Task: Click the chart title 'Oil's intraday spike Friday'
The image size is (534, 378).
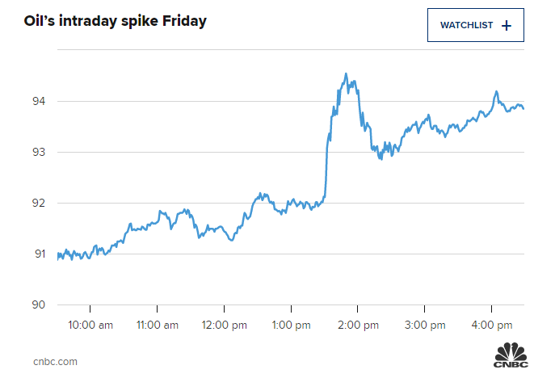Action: click(x=115, y=20)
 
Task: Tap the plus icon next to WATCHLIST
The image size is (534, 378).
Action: click(x=507, y=25)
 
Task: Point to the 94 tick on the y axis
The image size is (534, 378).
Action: click(x=39, y=101)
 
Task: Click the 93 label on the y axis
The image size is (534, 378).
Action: click(x=39, y=152)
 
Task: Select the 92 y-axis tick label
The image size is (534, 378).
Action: click(x=39, y=203)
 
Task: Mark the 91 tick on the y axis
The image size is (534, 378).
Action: click(x=39, y=254)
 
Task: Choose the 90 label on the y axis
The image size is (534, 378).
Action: click(x=39, y=304)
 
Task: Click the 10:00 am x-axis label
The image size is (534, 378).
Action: click(x=90, y=325)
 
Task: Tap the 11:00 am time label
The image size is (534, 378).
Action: click(x=157, y=325)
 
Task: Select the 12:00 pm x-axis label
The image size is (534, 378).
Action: click(x=224, y=325)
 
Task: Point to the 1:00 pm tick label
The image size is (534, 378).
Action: click(x=292, y=325)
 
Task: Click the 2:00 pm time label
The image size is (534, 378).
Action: click(x=358, y=325)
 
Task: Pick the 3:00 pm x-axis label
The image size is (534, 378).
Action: click(x=425, y=325)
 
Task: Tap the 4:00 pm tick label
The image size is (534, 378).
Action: click(x=492, y=325)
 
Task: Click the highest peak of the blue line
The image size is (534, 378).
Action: click(x=346, y=74)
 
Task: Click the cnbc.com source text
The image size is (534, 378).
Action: click(x=55, y=361)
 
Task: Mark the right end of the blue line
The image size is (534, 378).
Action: click(x=523, y=108)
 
